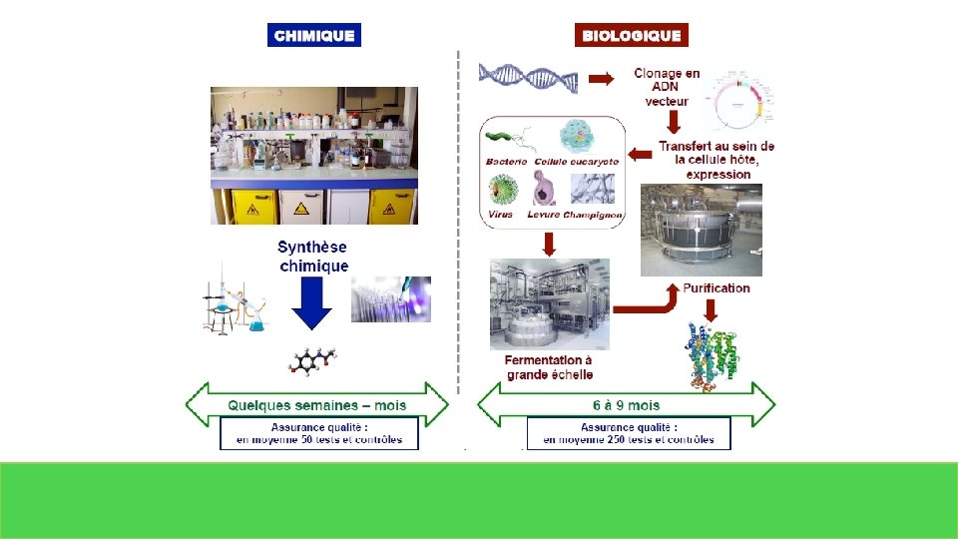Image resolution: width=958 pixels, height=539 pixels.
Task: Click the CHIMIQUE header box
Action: pyautogui.click(x=313, y=35)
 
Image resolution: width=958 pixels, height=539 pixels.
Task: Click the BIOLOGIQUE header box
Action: pyautogui.click(x=632, y=35)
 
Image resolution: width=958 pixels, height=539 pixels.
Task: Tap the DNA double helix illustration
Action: pyautogui.click(x=528, y=78)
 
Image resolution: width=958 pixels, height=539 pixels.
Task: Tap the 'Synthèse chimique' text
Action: pyautogui.click(x=313, y=257)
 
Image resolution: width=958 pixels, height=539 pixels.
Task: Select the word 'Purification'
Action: pyautogui.click(x=717, y=288)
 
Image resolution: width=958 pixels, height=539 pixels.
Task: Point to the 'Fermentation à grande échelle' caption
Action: pyautogui.click(x=549, y=367)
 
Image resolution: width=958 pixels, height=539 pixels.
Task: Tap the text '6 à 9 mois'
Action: pyautogui.click(x=626, y=405)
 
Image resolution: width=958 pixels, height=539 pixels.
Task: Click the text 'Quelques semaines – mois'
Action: pyautogui.click(x=317, y=405)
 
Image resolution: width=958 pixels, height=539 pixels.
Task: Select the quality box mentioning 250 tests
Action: pyautogui.click(x=629, y=433)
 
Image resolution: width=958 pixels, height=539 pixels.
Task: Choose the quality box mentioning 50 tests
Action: pyautogui.click(x=319, y=433)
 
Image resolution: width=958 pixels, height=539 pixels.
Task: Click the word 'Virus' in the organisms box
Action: pyautogui.click(x=500, y=215)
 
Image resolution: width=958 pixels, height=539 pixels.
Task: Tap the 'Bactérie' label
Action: pyautogui.click(x=506, y=161)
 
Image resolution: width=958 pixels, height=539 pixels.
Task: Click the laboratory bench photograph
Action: pyautogui.click(x=314, y=155)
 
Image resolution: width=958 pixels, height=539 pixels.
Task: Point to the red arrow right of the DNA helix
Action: pyautogui.click(x=601, y=79)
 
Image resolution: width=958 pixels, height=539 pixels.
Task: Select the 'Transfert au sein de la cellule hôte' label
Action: pyautogui.click(x=717, y=160)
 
